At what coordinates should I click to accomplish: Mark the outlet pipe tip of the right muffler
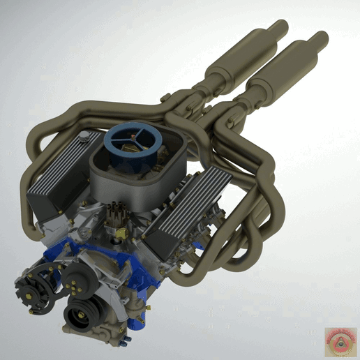coord(319,38)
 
